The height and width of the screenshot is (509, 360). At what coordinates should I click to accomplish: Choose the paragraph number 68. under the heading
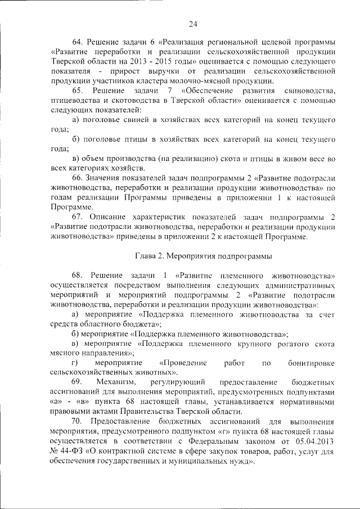tap(78, 276)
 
